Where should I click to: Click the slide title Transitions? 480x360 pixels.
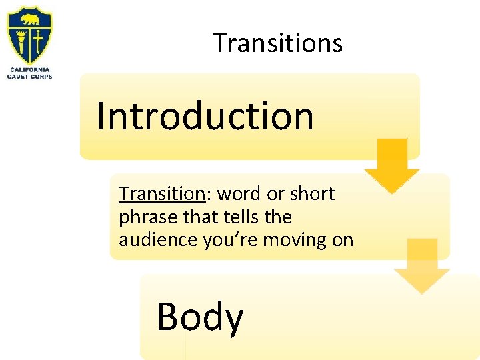click(278, 43)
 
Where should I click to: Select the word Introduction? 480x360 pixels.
click(205, 115)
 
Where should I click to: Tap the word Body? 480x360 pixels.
click(199, 317)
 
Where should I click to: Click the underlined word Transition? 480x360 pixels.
click(161, 194)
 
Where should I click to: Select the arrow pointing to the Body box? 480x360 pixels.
click(421, 265)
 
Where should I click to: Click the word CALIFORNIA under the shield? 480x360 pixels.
click(29, 70)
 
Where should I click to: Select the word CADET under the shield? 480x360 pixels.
click(18, 77)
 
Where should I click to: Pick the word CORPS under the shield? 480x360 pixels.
click(41, 77)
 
